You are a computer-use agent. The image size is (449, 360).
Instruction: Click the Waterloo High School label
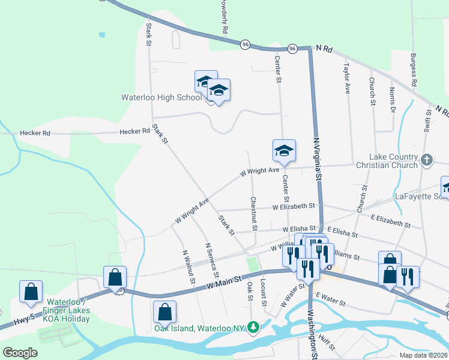161,97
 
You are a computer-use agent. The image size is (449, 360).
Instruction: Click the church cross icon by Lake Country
427,160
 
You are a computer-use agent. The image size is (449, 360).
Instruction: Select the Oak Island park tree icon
254,326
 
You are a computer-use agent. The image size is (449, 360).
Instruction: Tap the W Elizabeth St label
293,206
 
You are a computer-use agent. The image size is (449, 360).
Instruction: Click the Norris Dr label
392,100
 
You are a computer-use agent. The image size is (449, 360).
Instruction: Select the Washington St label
312,334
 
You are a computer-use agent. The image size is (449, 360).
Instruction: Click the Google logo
20,353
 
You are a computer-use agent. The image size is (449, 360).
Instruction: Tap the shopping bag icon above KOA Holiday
31,291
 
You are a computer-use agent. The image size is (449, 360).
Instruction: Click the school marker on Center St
284,151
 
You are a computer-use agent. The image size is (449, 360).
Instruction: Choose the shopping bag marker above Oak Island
164,311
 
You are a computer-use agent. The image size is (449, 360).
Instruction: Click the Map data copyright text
423,355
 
